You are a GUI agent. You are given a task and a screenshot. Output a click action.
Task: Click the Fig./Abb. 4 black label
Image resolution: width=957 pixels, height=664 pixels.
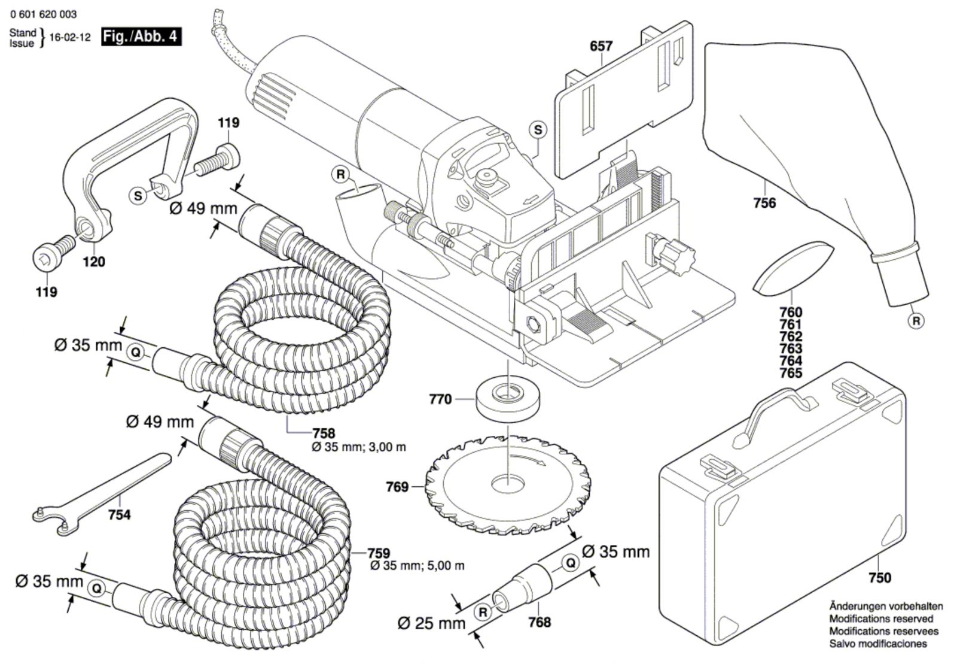[x=141, y=37]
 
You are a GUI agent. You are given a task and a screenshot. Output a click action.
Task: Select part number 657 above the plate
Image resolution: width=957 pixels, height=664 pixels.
[x=601, y=46]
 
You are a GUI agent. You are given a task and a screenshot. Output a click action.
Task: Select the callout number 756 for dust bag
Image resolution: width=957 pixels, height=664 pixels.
[x=764, y=204]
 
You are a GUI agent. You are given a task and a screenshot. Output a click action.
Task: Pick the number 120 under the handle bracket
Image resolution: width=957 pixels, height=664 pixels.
[x=94, y=262]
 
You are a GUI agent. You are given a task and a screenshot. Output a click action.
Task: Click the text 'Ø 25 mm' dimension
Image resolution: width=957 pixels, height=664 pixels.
[x=431, y=623]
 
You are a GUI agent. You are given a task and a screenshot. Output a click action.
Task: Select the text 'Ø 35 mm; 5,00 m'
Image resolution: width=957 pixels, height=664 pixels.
[x=417, y=566]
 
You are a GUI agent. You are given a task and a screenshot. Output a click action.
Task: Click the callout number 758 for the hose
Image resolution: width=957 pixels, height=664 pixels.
[x=324, y=433]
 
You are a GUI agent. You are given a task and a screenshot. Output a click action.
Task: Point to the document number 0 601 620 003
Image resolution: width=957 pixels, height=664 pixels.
[x=43, y=14]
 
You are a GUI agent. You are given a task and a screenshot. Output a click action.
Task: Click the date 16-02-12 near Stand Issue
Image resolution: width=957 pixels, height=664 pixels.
[x=69, y=37]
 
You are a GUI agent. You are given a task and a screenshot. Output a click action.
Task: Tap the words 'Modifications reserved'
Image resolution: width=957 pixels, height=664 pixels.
[x=880, y=618]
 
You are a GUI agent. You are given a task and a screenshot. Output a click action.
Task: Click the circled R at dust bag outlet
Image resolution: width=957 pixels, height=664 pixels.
[x=916, y=321]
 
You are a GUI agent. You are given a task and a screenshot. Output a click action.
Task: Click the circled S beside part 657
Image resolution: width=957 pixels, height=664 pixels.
[x=538, y=130]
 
